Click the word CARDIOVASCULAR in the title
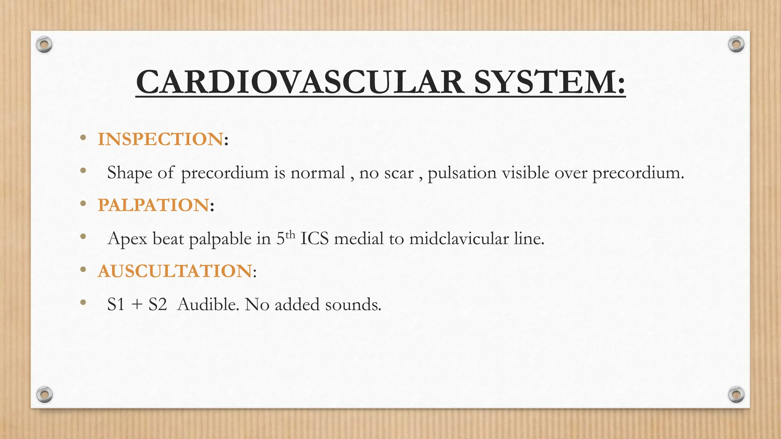click(300, 82)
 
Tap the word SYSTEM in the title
click(549, 82)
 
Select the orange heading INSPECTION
click(160, 139)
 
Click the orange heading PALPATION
click(153, 205)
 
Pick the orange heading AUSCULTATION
click(175, 271)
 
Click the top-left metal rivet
click(44, 45)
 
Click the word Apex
click(127, 239)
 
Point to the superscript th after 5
click(290, 234)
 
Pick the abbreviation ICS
click(314, 239)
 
